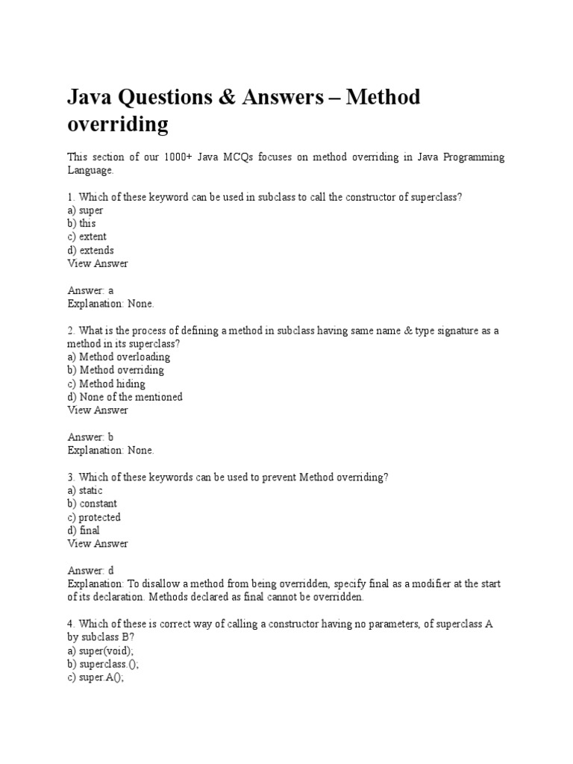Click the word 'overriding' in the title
pos(117,124)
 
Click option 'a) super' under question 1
pos(85,210)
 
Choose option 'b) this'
pos(81,224)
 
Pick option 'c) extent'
pos(87,237)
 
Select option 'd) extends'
pos(90,251)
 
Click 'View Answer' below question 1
pos(98,263)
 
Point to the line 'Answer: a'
pos(90,290)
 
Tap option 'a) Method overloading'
pos(119,357)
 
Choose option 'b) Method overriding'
pos(116,370)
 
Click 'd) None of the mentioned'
pos(125,397)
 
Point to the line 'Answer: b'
pos(90,436)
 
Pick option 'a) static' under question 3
pos(85,490)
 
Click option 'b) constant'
pos(92,504)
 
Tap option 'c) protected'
pos(94,517)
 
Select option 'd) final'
pos(84,530)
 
